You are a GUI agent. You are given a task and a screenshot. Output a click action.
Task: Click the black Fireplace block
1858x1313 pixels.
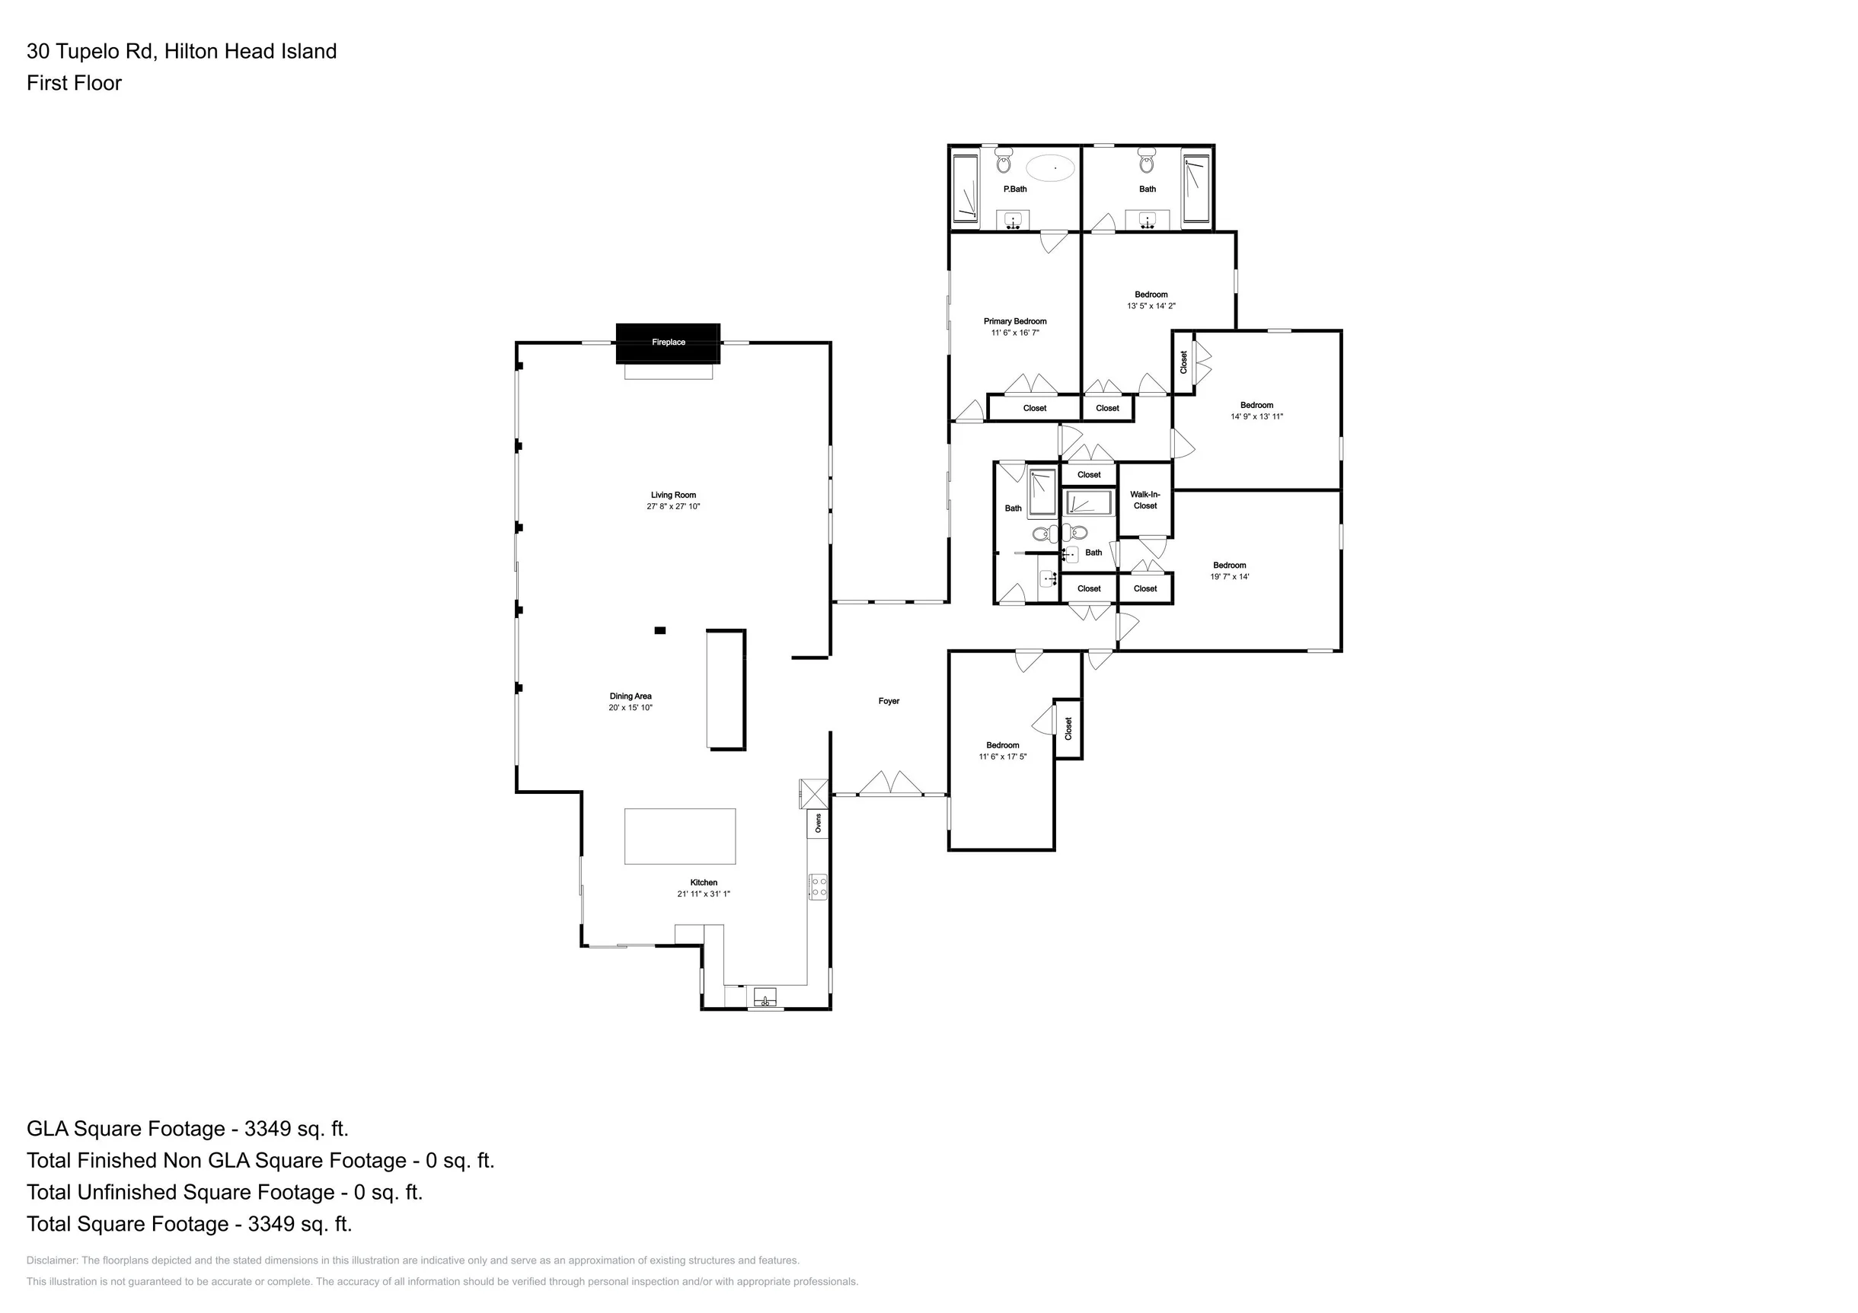click(668, 343)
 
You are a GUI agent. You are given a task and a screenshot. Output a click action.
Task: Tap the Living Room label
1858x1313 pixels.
click(673, 495)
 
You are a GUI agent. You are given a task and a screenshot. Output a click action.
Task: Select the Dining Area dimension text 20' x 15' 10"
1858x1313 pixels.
click(631, 708)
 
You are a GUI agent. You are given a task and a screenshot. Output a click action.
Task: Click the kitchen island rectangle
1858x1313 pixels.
click(680, 837)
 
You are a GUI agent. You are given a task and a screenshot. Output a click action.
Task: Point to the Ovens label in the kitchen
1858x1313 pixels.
click(818, 824)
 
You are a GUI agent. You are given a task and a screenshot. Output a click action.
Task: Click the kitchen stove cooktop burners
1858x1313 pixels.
click(818, 887)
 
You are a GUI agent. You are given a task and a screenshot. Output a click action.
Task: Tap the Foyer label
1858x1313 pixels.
click(889, 701)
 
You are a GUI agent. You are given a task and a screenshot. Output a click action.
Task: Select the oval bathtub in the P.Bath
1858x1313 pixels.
click(1050, 168)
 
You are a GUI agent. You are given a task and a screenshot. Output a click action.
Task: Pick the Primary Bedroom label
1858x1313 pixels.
click(1015, 321)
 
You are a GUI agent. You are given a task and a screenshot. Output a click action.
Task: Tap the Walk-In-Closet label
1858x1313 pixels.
click(1145, 500)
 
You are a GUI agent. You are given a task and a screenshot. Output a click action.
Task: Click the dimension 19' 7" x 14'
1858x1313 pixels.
click(1229, 577)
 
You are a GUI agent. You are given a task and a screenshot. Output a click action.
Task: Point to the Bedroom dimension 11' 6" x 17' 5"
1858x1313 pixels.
click(1003, 757)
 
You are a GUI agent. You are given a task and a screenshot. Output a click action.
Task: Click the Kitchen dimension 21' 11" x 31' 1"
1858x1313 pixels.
click(704, 894)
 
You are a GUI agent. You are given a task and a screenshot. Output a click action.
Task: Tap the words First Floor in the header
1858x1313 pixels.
click(74, 83)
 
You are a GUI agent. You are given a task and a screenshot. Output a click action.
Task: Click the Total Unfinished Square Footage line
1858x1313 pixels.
click(224, 1193)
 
